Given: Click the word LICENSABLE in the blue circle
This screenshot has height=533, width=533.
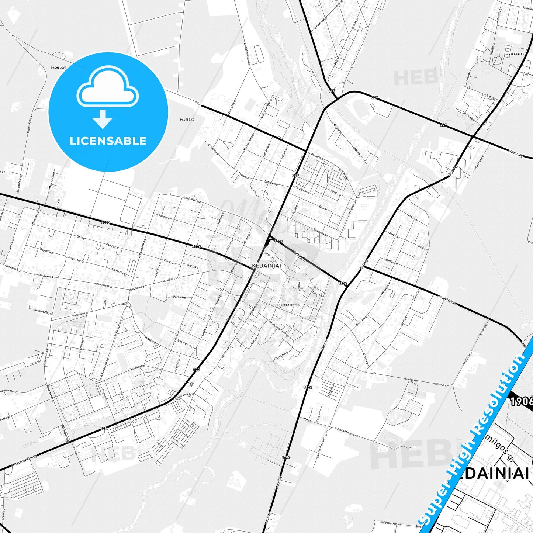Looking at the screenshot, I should pyautogui.click(x=108, y=141).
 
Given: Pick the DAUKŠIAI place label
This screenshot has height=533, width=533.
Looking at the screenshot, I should pyautogui.click(x=187, y=120).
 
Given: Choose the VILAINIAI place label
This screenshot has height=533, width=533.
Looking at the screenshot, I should pyautogui.click(x=516, y=54).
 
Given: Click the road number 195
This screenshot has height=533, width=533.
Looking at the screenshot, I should pyautogui.click(x=331, y=90).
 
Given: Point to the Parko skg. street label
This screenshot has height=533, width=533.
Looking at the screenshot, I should pyautogui.click(x=180, y=297).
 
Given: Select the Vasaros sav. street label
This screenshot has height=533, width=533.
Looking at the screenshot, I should pyautogui.click(x=185, y=344).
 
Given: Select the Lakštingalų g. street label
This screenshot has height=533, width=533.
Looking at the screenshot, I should pyautogui.click(x=192, y=199).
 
